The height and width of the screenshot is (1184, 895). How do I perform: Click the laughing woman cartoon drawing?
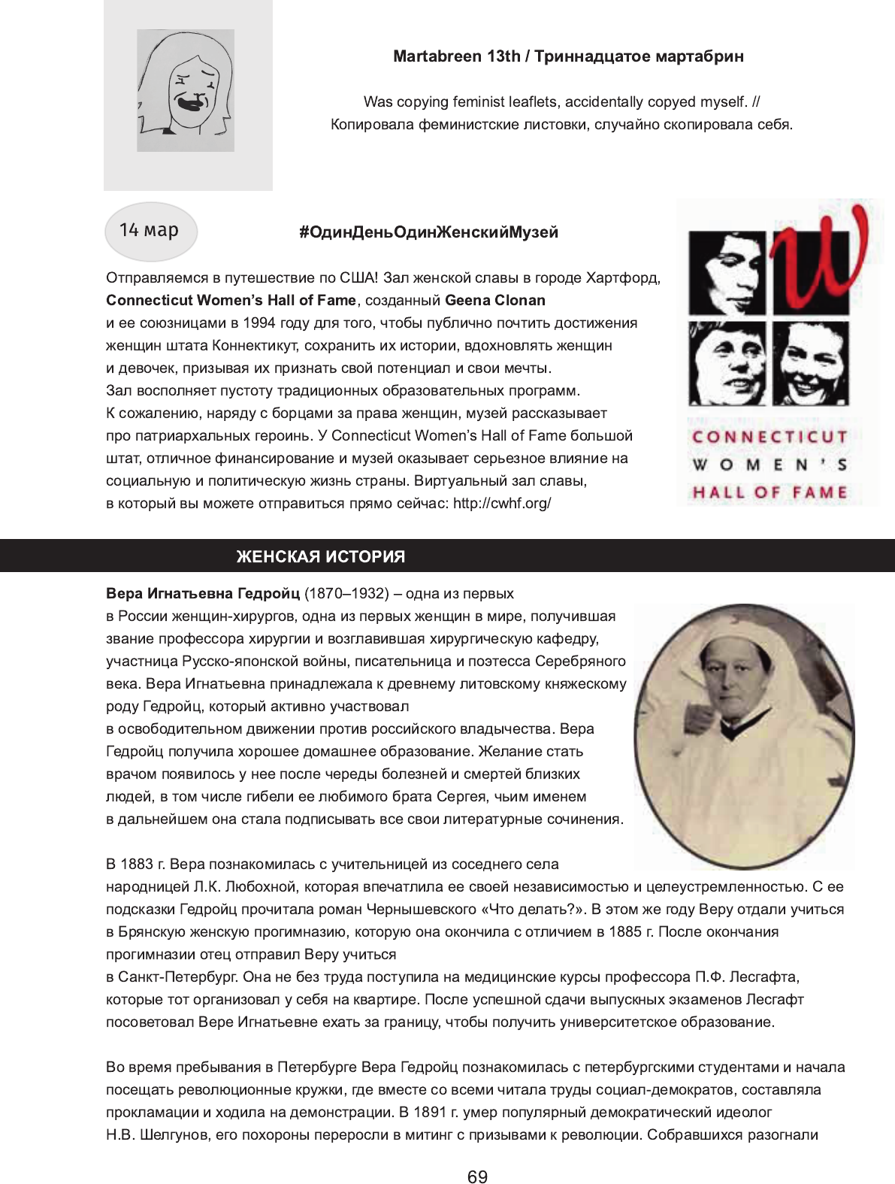point(186,90)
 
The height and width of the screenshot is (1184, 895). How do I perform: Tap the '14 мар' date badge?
point(150,231)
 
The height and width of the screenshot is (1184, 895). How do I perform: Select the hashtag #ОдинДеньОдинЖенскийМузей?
point(428,232)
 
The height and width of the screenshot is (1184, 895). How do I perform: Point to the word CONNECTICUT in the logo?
point(770,437)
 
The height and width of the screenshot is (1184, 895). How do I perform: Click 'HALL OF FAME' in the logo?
point(770,493)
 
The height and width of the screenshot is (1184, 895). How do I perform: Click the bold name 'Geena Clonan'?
point(495,300)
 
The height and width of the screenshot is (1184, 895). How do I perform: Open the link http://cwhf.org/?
point(502,503)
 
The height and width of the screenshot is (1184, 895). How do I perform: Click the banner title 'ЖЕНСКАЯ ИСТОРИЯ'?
point(321,556)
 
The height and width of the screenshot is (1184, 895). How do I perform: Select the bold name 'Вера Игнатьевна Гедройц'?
point(203,593)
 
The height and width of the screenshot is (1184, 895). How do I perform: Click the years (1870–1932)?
point(346,593)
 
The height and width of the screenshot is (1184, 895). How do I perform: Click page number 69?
point(477,1176)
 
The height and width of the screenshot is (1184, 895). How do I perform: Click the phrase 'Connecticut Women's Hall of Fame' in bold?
point(231,300)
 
